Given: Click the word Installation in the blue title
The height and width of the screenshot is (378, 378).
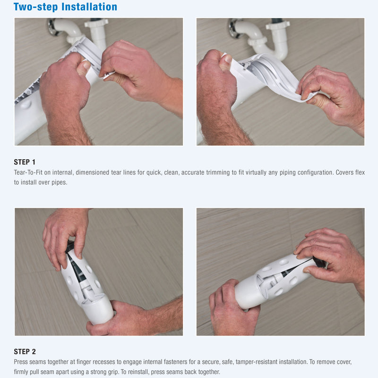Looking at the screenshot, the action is tap(89, 7).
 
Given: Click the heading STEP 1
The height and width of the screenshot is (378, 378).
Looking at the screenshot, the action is tap(25, 162).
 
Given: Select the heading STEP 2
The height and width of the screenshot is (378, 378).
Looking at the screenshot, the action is tap(25, 352).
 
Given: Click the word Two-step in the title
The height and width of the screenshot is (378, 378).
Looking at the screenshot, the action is tap(36, 7).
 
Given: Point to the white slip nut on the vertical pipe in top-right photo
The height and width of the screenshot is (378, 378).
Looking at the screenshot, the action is tap(278, 26).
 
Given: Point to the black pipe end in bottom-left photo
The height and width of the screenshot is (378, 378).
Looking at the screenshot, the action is tap(69, 246).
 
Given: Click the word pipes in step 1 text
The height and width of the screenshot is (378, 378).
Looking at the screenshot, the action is tap(60, 182).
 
